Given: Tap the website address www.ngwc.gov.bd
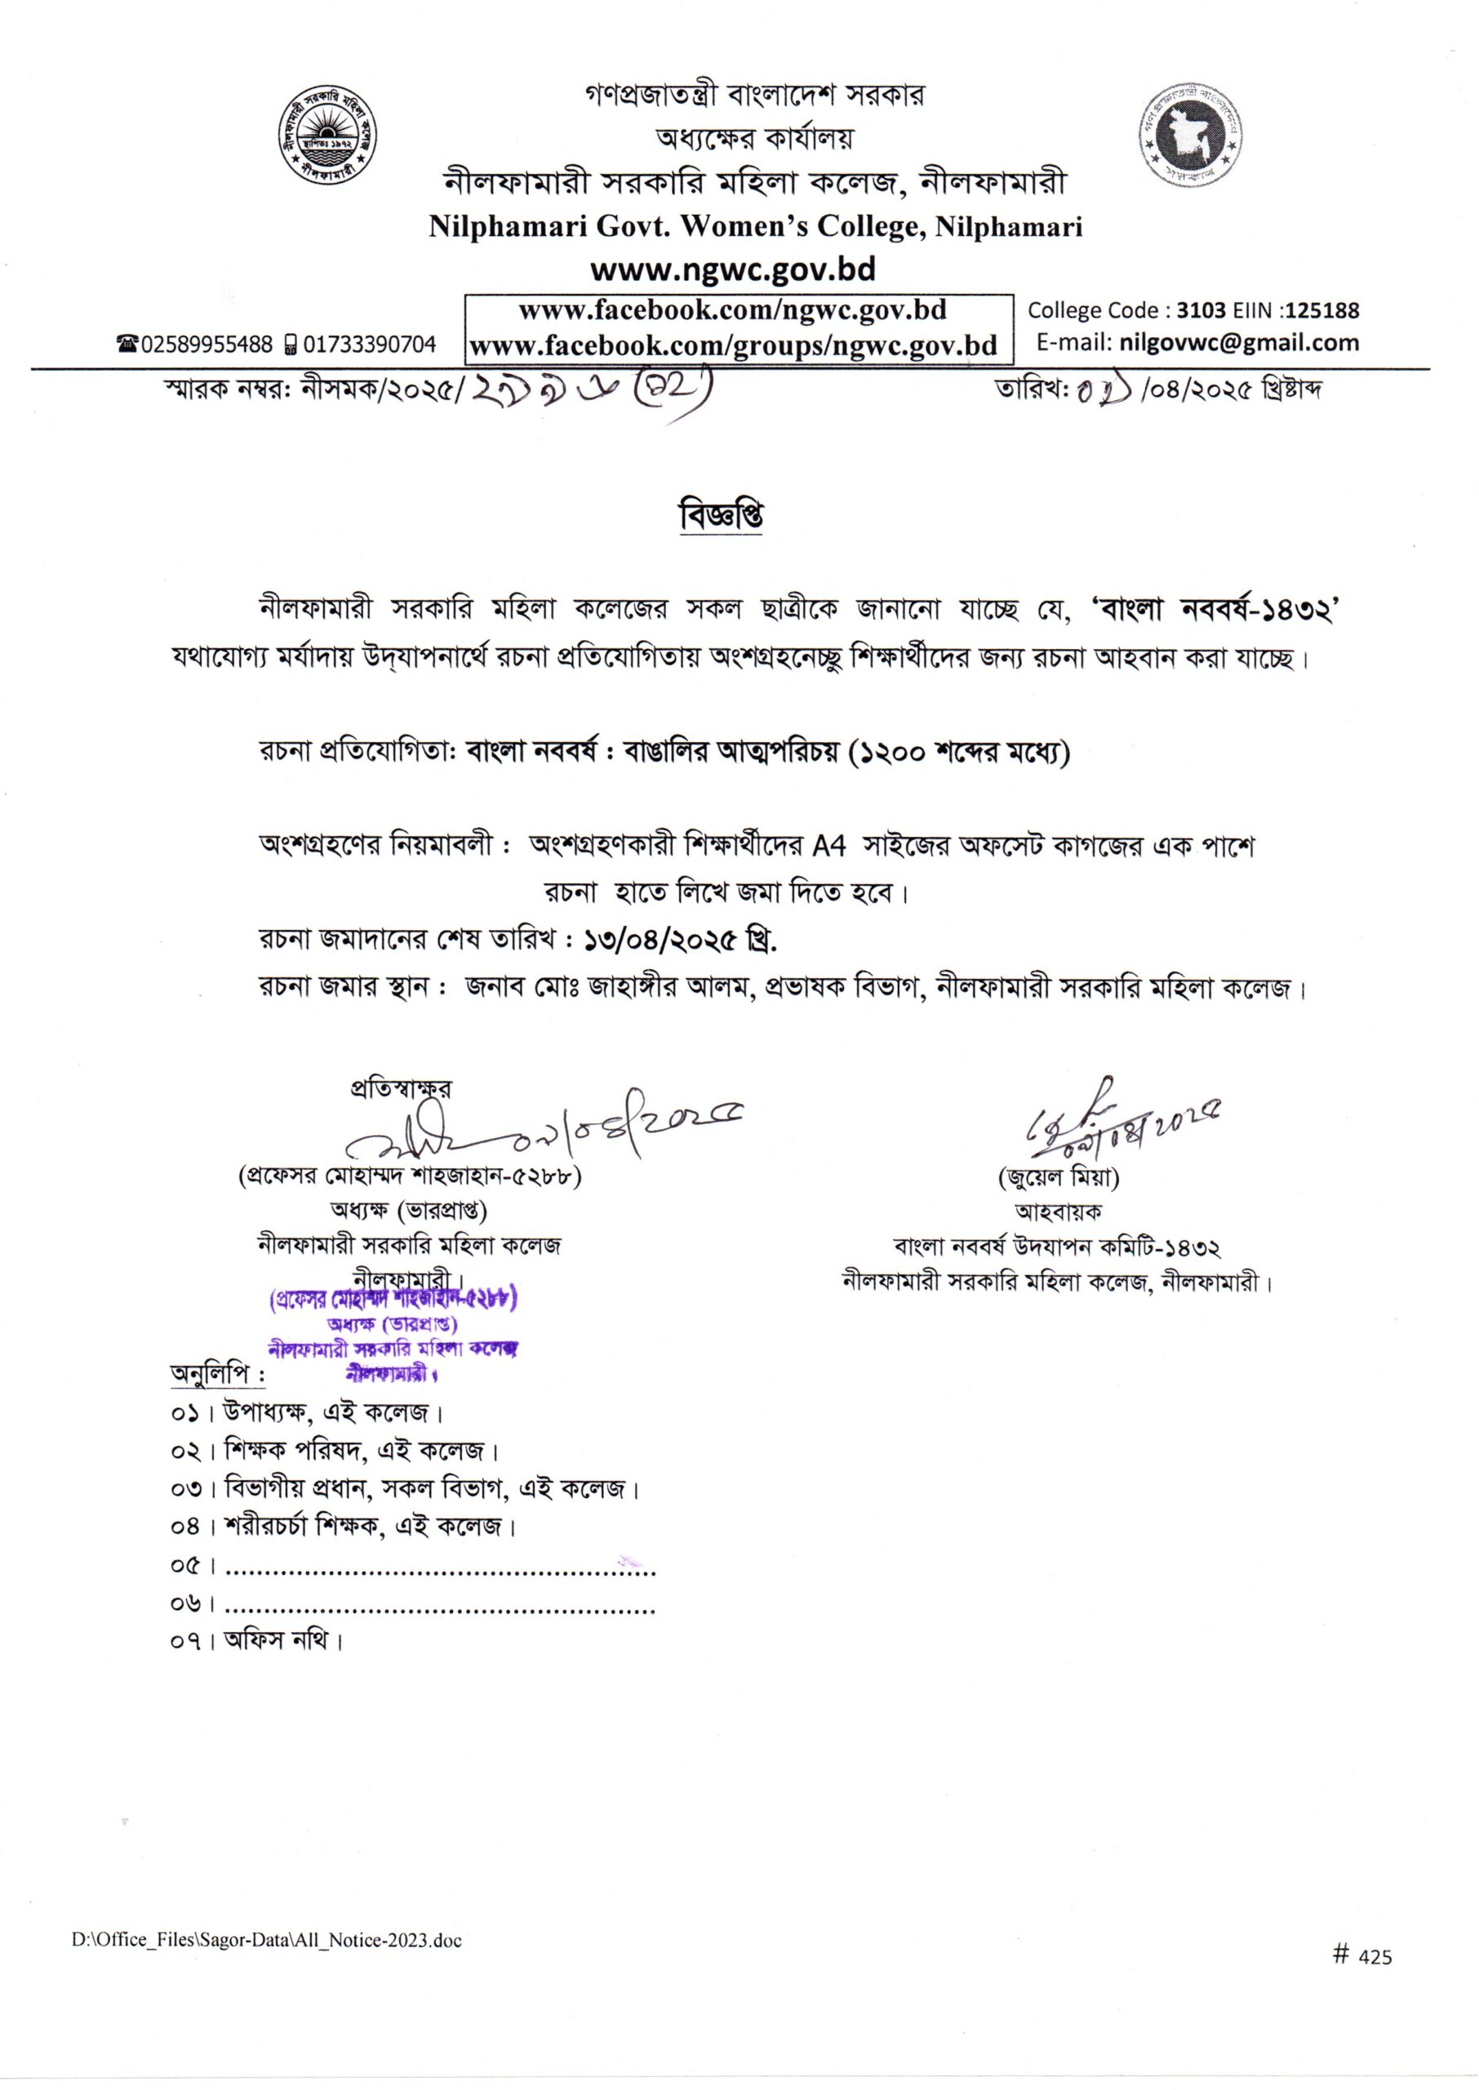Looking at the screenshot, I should (x=732, y=270).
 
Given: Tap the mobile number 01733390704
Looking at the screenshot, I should (x=369, y=345).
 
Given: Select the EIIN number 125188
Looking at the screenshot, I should (x=1323, y=310).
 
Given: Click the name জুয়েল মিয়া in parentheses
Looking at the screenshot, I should (x=1059, y=1177).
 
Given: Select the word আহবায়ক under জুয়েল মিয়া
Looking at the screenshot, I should (x=1059, y=1212).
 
